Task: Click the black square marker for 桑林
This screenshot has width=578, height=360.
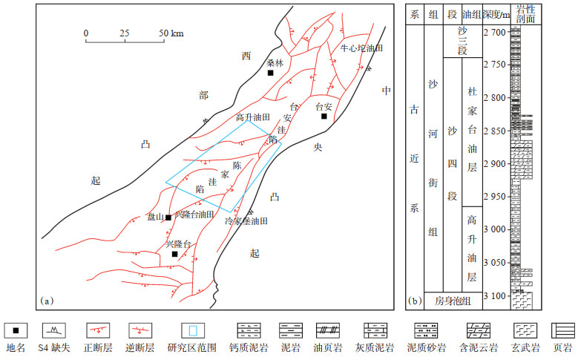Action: pos(271,73)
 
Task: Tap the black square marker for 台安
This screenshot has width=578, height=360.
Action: pos(324,116)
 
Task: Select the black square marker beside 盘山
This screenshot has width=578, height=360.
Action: pos(169,217)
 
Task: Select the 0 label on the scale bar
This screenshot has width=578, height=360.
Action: pos(86,33)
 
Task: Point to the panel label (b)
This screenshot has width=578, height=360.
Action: pos(416,301)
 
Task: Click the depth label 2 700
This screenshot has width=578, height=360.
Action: pos(493,32)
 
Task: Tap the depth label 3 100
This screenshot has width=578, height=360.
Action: pos(493,296)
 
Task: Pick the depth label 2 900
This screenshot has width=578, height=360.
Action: pos(493,164)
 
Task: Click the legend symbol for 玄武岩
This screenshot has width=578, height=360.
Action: pos(525,329)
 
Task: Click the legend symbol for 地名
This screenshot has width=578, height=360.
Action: pos(16,329)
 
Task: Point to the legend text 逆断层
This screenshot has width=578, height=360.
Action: pos(142,347)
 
